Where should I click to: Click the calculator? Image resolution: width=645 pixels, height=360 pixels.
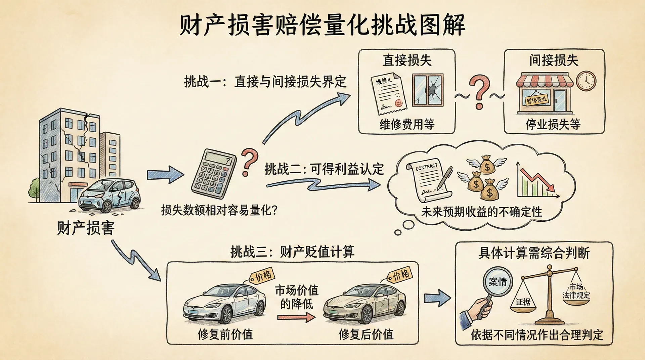pos(214,174)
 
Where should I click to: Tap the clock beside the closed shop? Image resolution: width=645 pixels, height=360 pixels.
pos(586,81)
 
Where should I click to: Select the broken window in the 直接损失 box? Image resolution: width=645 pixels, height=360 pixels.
pos(428,90)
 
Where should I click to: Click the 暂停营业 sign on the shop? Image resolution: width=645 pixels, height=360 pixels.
pos(536,100)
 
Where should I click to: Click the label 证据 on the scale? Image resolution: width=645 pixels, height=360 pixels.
pos(523,302)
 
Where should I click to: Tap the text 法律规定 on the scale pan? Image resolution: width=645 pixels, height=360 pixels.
pos(576,295)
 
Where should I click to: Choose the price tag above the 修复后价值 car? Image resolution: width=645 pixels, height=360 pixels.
pos(400,275)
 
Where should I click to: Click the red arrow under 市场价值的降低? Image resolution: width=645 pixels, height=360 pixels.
pos(296,317)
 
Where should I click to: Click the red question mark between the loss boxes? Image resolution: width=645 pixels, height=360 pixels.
pos(479,91)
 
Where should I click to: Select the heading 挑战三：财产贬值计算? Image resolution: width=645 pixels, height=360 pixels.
pos(292,252)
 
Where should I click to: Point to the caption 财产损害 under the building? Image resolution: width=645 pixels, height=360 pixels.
pos(86,228)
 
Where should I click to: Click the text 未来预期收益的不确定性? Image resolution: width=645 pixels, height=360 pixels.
pos(481,212)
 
